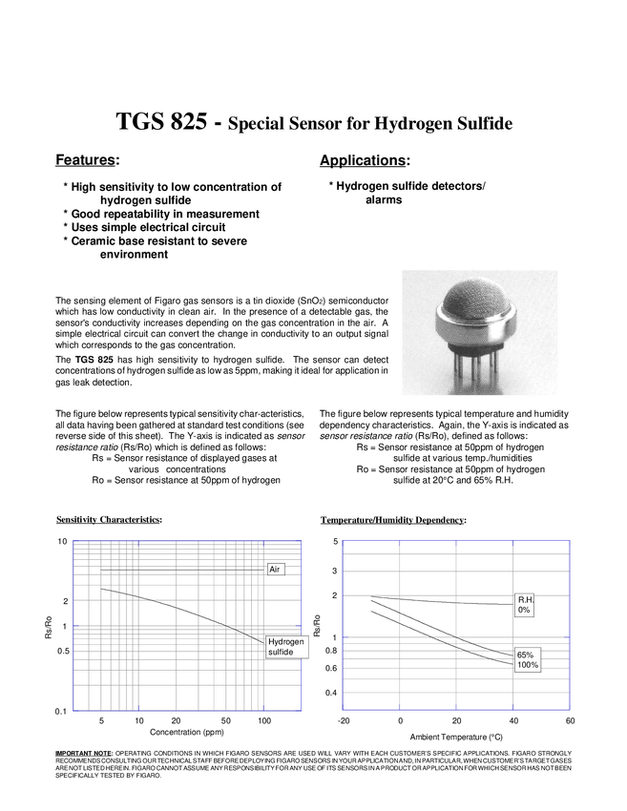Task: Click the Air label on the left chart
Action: pos(275,569)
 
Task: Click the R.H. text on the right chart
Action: pos(524,599)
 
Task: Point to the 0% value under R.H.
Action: pos(523,610)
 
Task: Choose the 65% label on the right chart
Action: pos(524,655)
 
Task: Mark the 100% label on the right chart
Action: pos(527,665)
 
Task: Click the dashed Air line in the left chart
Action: pos(191,570)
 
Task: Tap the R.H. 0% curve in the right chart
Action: pos(429,598)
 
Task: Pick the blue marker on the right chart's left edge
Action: pos(345,636)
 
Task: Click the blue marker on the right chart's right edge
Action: pos(567,636)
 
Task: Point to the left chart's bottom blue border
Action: pos(187,711)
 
